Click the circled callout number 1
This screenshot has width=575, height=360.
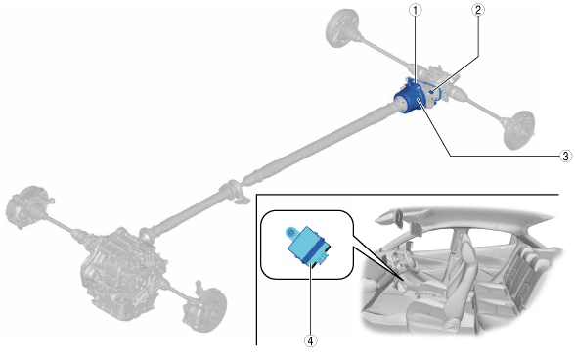(x=415, y=11)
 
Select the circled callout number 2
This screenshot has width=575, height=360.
(x=477, y=10)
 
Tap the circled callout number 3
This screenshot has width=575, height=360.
(x=566, y=156)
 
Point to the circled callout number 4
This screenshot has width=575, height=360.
(x=310, y=340)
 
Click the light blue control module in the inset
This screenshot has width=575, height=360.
(x=307, y=246)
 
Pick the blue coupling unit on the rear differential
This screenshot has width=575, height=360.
(x=410, y=97)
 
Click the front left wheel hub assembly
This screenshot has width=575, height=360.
(x=25, y=206)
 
